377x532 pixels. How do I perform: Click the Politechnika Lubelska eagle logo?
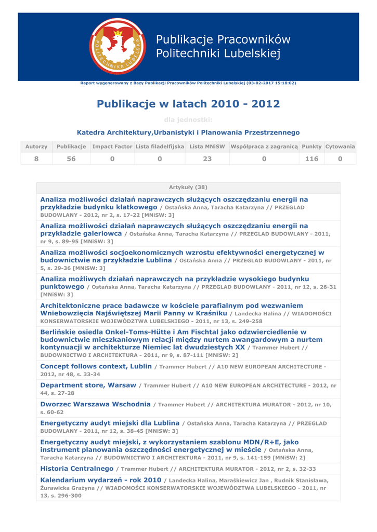pos(118,46)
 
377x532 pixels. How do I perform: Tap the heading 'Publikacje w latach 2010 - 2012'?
pos(188,104)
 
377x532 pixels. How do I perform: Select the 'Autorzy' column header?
pos(36,147)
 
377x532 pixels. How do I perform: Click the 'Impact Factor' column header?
pos(112,147)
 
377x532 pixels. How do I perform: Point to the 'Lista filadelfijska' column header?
pos(160,147)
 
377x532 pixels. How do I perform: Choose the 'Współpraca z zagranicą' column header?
pos(264,147)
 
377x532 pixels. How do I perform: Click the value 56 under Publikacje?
pos(71,159)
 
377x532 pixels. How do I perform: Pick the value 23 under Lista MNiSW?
pos(207,159)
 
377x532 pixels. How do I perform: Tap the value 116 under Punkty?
pos(311,159)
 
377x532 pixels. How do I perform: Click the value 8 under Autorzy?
pos(36,159)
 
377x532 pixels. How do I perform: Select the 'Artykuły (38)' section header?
pos(188,187)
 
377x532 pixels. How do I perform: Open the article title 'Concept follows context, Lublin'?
pos(96,366)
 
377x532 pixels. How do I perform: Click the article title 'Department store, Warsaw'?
pos(88,385)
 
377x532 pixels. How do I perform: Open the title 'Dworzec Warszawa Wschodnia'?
pos(95,404)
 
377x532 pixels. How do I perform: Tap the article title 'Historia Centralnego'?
pos(76,469)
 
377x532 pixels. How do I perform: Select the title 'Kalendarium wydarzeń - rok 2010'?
pos(100,480)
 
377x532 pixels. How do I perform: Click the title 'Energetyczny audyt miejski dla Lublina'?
pos(110,423)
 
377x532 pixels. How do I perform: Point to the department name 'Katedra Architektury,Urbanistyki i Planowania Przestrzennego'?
pos(188,132)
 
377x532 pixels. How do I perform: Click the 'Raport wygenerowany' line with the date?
pos(188,83)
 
